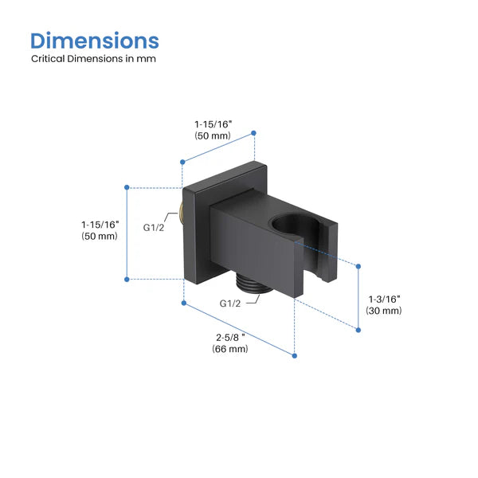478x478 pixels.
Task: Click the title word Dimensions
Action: point(95,41)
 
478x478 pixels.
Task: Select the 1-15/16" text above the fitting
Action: point(213,124)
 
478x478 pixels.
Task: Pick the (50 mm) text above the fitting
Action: point(213,136)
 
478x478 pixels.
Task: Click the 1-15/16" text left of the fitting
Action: point(100,225)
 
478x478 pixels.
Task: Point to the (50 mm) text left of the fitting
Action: point(100,237)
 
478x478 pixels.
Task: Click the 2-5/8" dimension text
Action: point(230,338)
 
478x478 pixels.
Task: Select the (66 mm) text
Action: point(230,350)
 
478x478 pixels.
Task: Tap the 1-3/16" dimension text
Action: point(384,298)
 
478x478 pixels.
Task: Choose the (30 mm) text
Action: point(384,310)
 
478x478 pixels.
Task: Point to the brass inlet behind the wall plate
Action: point(182,213)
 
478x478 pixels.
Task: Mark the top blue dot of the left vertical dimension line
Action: point(127,186)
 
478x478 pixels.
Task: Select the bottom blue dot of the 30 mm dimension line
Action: point(355,326)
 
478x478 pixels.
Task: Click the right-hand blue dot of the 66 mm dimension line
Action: point(295,355)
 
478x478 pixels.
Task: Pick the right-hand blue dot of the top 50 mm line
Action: point(253,132)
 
